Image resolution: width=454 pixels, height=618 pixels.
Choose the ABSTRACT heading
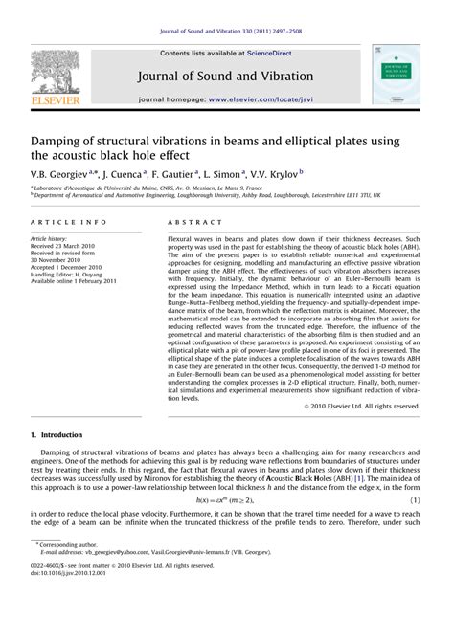tap(188, 220)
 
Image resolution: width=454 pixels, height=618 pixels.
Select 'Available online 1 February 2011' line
tap(75, 281)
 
